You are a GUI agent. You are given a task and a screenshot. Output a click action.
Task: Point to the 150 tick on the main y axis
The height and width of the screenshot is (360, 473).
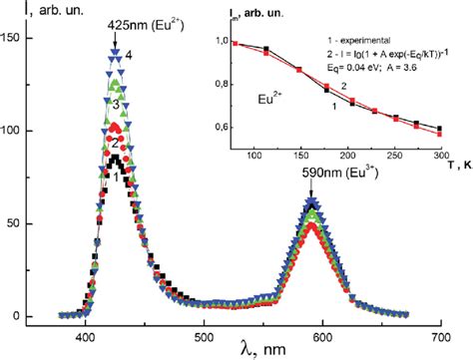(17, 38)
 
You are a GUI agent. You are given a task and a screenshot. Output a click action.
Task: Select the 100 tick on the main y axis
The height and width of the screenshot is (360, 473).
(17, 131)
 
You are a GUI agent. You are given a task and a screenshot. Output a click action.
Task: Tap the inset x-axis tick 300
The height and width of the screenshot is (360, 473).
(439, 157)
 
